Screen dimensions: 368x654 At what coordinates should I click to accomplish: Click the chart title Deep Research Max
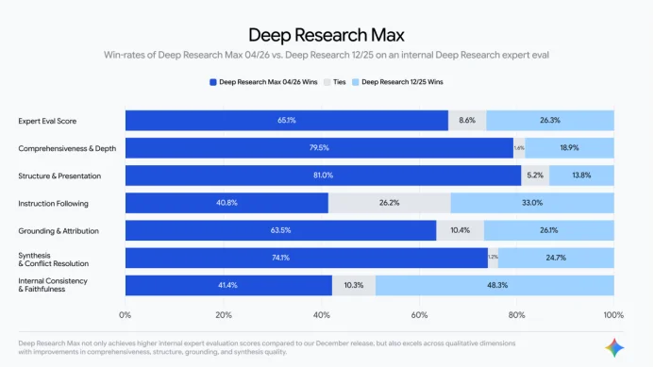click(x=326, y=36)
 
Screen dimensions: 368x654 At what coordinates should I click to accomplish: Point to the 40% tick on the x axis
click(x=321, y=314)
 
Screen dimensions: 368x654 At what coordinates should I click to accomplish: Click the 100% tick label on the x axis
click(x=612, y=314)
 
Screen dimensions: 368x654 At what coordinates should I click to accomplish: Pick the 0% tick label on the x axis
click(x=126, y=314)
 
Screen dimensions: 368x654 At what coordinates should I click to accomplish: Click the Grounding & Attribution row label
click(x=59, y=230)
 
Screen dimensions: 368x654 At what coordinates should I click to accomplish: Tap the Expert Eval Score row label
click(x=47, y=121)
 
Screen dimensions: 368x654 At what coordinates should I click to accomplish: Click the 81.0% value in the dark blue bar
click(x=323, y=176)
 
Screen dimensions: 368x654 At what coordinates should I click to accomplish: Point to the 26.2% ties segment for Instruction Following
click(x=389, y=203)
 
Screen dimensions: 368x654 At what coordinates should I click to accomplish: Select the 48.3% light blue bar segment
click(x=495, y=285)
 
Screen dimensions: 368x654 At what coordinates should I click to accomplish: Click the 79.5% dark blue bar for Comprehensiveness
click(x=319, y=148)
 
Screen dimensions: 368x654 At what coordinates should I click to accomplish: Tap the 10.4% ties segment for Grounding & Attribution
click(x=461, y=230)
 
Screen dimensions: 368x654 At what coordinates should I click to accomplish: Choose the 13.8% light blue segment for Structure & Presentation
click(x=580, y=176)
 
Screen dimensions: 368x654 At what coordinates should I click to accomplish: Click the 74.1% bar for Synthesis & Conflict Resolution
click(x=306, y=258)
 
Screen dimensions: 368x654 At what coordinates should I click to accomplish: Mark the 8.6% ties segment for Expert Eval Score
click(x=467, y=121)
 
